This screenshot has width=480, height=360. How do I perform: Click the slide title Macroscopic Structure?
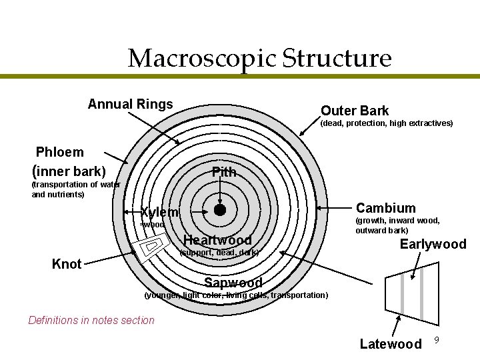(259, 58)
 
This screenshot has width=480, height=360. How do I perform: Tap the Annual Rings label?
(130, 104)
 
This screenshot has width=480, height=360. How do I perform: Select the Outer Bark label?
(355, 111)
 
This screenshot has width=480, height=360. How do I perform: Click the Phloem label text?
(60, 152)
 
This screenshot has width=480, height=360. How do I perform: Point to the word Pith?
(224, 172)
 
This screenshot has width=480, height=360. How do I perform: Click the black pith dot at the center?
(220, 210)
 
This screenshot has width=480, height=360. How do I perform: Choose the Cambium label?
(386, 208)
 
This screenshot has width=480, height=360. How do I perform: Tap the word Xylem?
(159, 212)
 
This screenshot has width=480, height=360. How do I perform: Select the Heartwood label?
(217, 240)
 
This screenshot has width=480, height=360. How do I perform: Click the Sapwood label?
(233, 283)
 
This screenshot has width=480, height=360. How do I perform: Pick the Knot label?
(67, 264)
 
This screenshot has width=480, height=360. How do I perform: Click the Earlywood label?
(433, 244)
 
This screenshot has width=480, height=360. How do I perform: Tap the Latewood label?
(391, 344)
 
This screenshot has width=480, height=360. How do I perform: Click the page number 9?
(437, 340)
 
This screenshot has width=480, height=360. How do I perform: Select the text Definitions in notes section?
(91, 320)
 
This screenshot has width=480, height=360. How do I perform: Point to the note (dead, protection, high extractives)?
(387, 123)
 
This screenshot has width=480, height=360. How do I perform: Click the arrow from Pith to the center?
(220, 190)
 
